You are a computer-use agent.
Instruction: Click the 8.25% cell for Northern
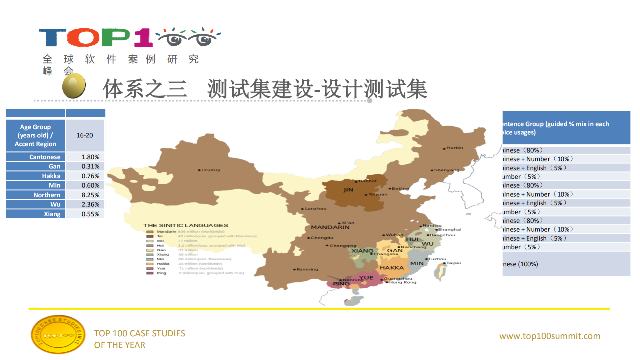90,195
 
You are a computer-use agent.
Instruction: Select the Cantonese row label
45,157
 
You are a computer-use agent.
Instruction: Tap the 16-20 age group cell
85,135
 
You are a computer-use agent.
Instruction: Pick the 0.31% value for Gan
90,166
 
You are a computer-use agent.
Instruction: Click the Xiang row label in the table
52,214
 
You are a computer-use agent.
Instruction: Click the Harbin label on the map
454,148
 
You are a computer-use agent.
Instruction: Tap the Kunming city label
307,269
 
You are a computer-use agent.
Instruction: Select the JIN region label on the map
348,190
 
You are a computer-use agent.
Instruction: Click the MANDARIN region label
330,227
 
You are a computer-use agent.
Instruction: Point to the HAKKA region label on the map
392,268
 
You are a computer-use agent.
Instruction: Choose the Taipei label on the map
453,263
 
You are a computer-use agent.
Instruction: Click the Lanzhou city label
315,209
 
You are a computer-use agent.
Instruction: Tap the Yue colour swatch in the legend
150,268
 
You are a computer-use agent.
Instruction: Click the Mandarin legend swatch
150,232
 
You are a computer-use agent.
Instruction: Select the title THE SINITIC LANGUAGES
185,226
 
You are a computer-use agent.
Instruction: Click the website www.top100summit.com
550,336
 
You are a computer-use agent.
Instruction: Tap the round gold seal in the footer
58,334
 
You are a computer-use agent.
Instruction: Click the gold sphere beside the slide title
74,86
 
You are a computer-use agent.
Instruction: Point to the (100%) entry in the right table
520,264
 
